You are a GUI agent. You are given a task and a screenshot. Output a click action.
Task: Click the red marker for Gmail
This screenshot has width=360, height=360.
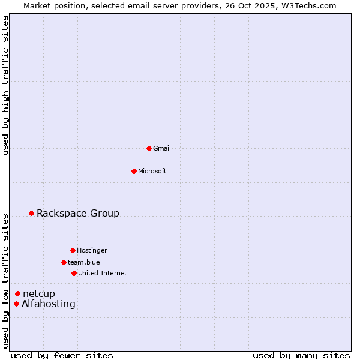149,148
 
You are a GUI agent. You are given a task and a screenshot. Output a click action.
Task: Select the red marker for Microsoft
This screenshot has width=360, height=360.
134,171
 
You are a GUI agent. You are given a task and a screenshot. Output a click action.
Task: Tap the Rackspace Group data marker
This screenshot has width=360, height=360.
32,213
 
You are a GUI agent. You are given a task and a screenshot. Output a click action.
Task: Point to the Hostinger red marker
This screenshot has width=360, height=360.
73,250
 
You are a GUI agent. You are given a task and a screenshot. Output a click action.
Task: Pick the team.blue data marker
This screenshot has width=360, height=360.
64,262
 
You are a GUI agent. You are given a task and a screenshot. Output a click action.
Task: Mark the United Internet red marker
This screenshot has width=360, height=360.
74,273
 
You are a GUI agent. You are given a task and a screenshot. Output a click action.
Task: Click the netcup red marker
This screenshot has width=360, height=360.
18,293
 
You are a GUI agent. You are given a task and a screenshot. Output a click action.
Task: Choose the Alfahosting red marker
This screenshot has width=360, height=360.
16,304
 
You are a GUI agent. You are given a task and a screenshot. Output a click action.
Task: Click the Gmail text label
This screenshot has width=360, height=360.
162,148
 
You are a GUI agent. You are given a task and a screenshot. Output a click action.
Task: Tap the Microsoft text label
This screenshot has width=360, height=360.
152,171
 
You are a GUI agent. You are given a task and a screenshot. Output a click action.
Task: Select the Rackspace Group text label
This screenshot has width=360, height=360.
78,213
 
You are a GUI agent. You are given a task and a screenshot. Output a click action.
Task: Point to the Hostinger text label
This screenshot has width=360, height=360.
92,250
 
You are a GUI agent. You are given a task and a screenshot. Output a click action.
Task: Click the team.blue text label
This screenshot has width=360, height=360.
84,262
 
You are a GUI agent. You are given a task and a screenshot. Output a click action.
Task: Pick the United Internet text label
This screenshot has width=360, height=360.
103,273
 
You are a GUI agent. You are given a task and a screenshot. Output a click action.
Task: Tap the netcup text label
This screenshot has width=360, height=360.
39,293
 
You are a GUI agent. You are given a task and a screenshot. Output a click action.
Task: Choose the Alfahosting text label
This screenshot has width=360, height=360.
49,304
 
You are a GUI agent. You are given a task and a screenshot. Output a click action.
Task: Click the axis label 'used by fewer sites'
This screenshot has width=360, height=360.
62,355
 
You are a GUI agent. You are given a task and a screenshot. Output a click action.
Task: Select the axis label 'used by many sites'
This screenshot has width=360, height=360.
301,355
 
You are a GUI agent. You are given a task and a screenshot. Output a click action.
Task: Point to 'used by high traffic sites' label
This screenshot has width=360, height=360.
5,85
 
